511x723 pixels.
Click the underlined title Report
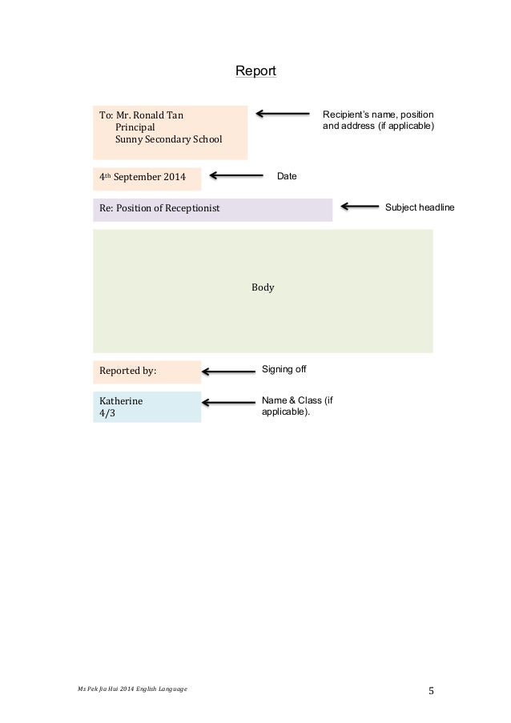coord(255,71)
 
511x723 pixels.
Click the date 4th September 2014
coord(142,177)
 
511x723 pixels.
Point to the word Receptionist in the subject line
coord(192,209)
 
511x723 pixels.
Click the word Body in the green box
coord(263,287)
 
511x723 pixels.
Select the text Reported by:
coord(127,372)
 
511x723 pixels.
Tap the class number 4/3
coord(107,414)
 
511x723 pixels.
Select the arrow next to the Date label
coord(236,175)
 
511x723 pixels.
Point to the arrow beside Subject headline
coord(360,207)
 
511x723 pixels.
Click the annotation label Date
coord(286,175)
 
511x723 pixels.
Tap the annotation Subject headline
coord(419,207)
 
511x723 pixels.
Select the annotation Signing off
coord(284,369)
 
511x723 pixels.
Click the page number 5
coord(433,692)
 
